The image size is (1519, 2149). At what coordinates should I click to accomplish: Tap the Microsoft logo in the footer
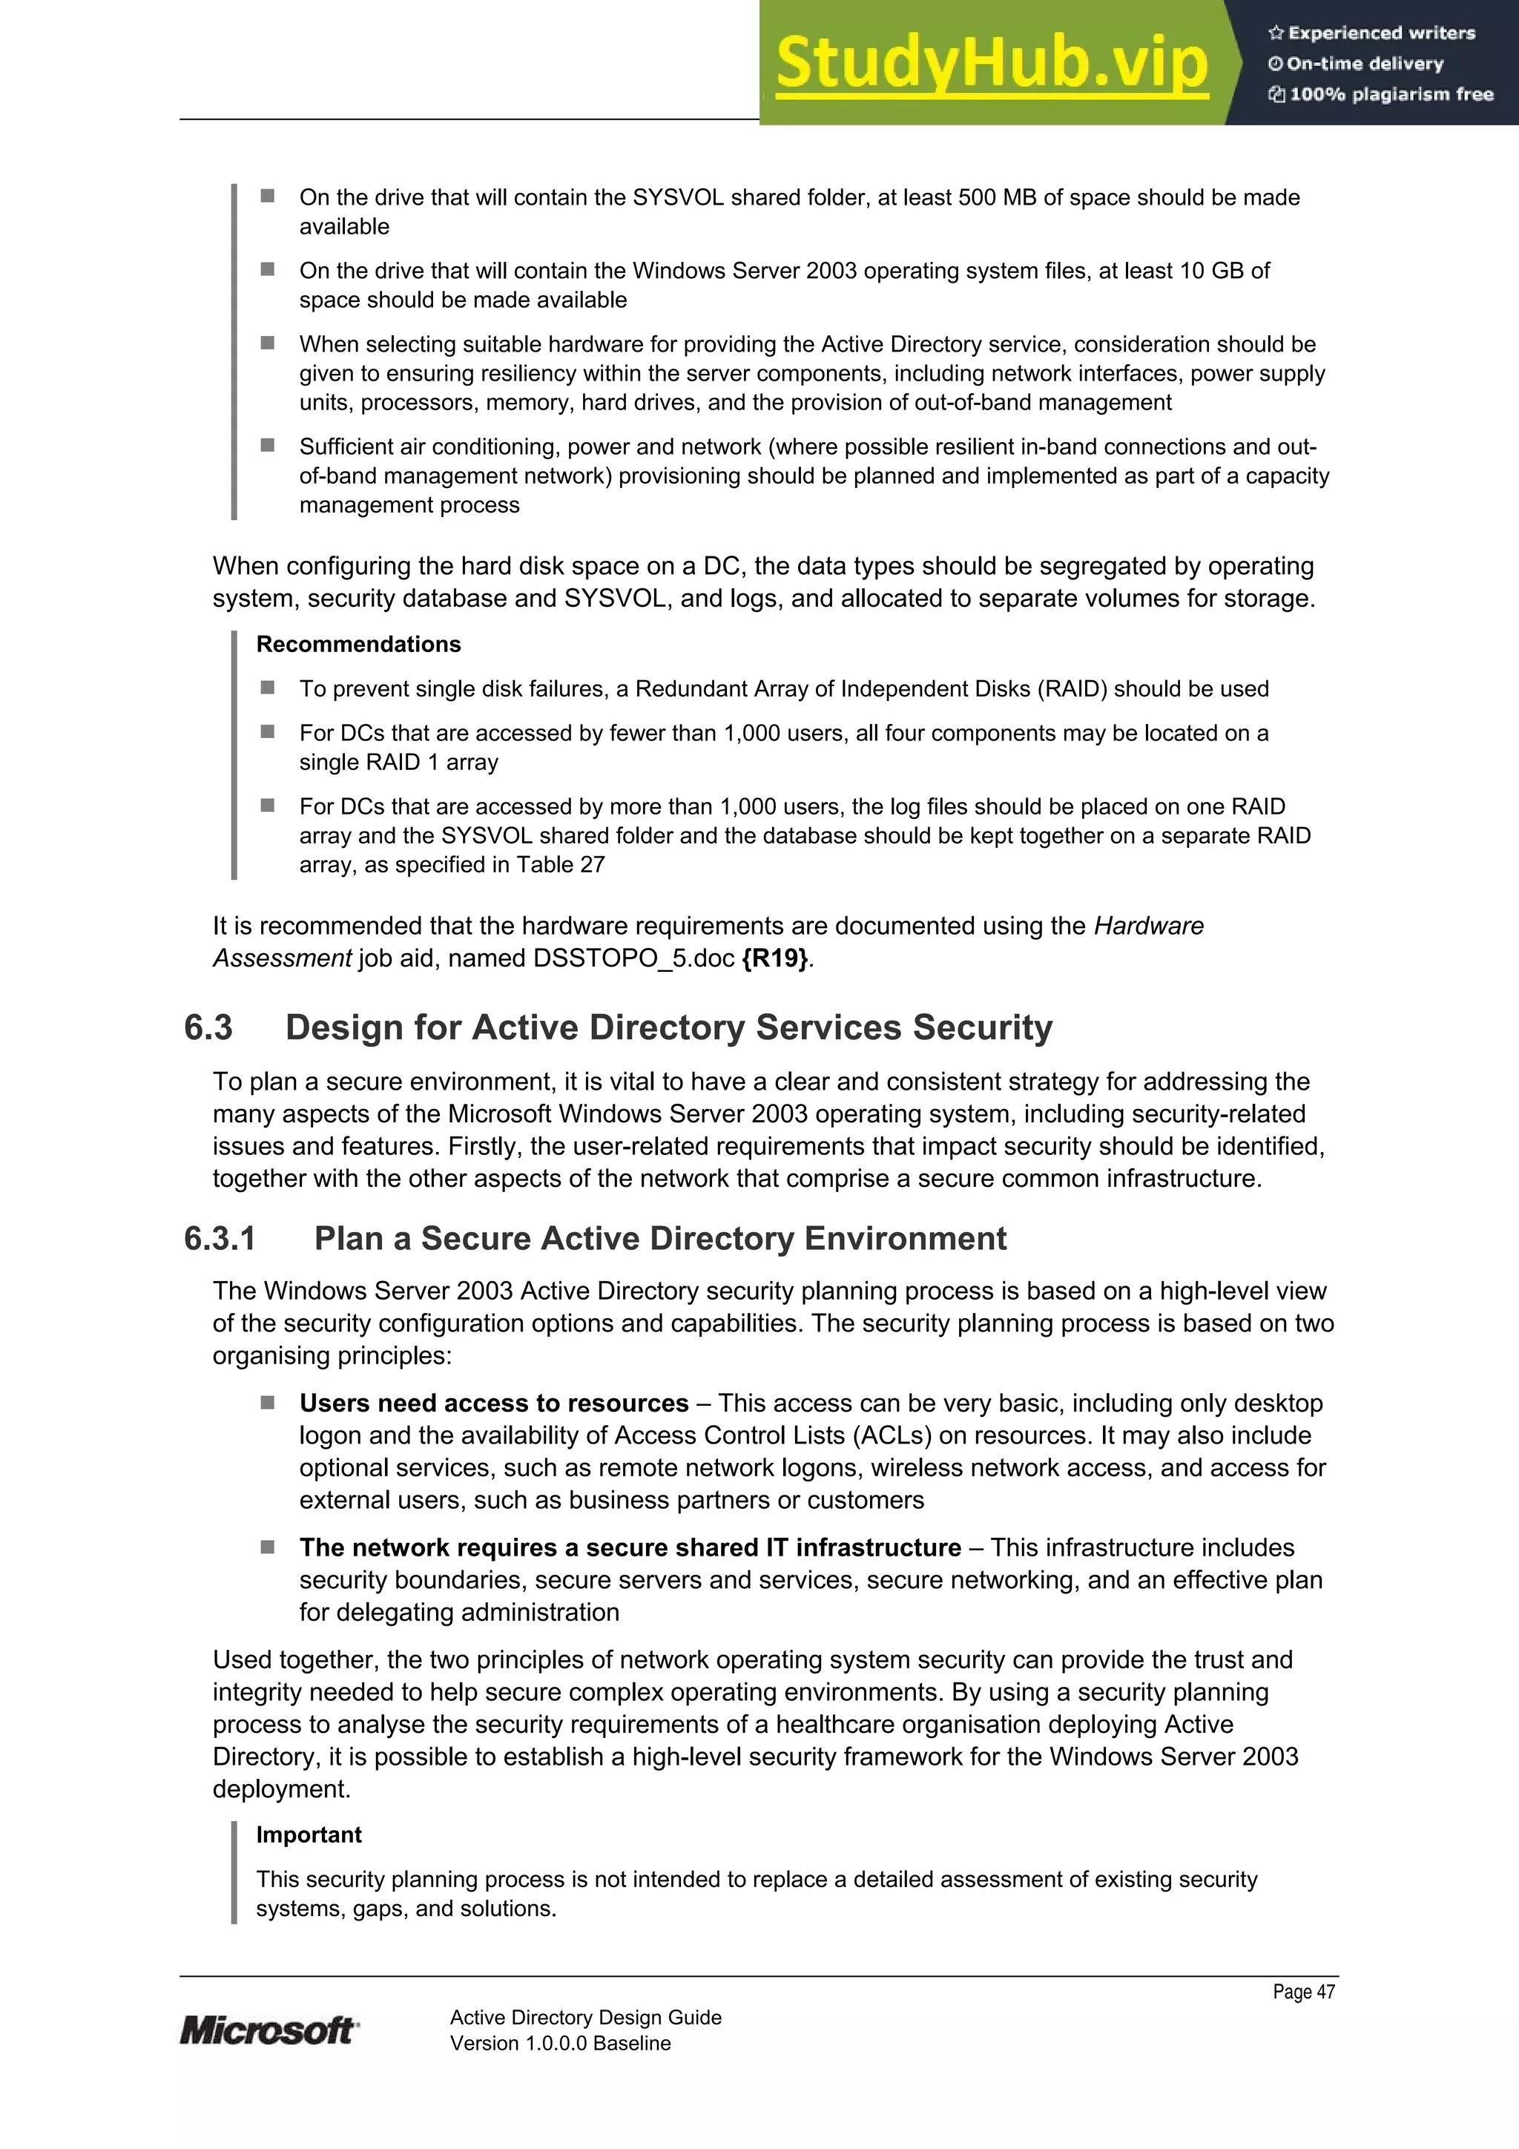268,2030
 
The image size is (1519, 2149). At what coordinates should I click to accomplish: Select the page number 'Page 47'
1303,1992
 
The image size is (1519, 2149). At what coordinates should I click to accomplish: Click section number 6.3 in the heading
208,1027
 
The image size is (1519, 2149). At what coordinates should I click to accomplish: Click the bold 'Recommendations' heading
358,644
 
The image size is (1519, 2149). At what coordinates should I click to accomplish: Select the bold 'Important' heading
309,1834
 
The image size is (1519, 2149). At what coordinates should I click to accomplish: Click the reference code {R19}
775,958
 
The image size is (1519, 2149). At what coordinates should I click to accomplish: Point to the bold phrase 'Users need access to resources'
494,1403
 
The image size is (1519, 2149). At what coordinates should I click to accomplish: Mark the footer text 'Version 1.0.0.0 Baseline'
561,2043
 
